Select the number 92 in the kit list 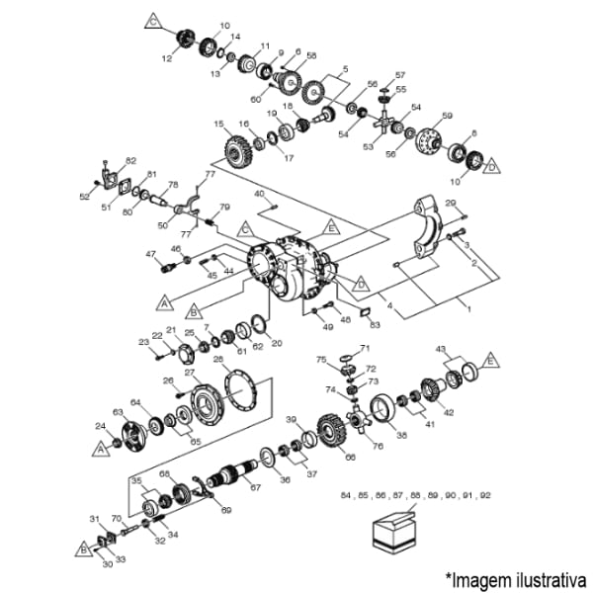point(484,494)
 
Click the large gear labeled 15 point(237,151)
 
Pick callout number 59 point(447,117)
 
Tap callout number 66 point(348,457)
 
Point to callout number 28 point(218,358)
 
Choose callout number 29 point(451,203)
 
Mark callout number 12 point(167,59)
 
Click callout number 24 point(101,426)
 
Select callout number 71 point(365,348)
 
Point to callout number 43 point(442,350)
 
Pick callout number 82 point(131,160)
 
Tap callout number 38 point(401,433)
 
